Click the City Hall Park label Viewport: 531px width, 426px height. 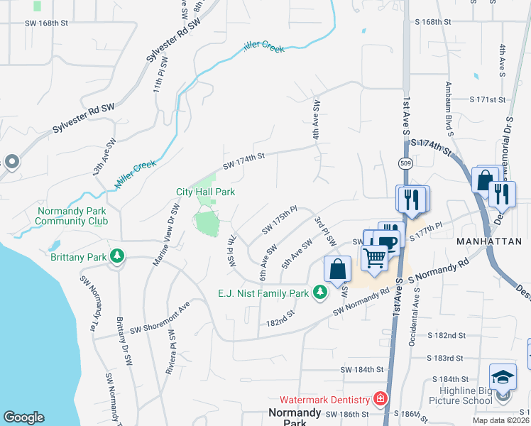[205, 192]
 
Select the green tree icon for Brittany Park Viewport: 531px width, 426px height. [116, 256]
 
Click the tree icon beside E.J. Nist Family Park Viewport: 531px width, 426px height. [320, 292]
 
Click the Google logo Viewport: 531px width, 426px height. [23, 417]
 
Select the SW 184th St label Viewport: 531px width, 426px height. [362, 370]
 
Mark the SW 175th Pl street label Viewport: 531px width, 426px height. [279, 220]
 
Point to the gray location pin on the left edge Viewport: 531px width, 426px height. [11, 163]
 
